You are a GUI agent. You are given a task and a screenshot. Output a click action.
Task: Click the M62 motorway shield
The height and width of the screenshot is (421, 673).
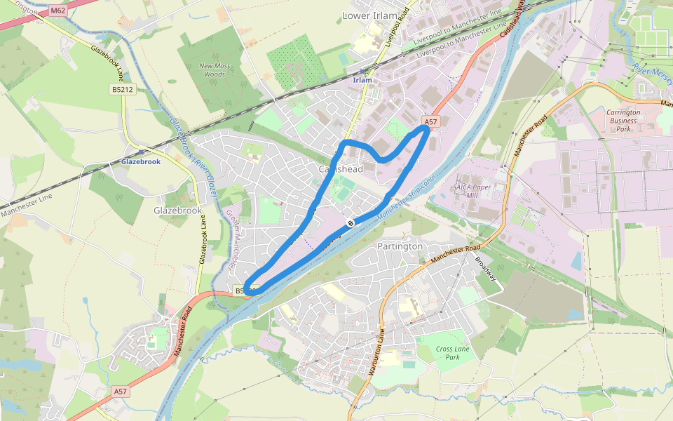57,11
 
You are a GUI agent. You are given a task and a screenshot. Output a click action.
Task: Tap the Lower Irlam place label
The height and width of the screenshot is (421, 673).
369,15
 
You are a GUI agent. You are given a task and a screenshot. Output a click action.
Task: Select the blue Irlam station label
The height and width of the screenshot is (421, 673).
362,80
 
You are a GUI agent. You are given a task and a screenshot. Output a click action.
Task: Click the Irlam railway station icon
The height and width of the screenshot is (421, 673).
362,72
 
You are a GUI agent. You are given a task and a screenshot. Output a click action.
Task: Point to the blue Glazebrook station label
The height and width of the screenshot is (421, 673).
141,161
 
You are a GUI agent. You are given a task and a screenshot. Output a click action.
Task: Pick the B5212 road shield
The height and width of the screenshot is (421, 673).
122,89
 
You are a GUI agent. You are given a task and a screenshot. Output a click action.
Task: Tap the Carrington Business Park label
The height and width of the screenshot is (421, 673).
623,121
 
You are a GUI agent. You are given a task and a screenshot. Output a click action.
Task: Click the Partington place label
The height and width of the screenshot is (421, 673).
400,246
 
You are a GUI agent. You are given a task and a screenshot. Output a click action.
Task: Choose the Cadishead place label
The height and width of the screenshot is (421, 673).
341,169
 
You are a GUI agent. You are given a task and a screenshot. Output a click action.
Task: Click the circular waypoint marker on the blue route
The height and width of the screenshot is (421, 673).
349,222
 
